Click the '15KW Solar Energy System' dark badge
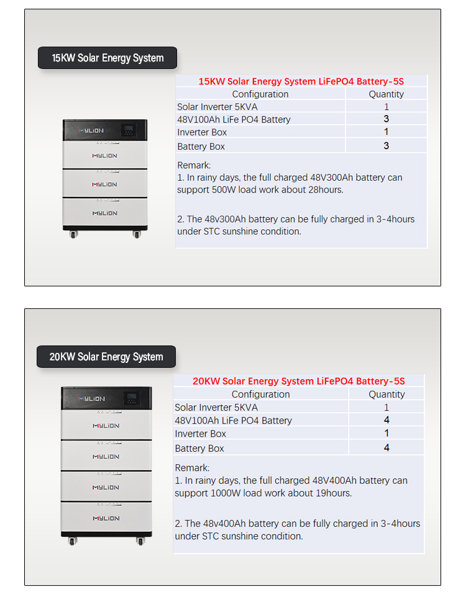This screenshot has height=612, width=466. (x=107, y=58)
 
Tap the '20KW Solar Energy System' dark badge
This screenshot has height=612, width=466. (x=106, y=357)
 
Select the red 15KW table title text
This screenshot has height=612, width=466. (x=301, y=81)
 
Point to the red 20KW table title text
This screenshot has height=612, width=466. (x=298, y=381)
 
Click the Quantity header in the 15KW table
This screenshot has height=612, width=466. (x=386, y=94)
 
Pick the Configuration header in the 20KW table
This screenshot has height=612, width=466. (x=260, y=394)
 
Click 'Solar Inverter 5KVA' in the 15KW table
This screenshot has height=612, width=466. (x=217, y=107)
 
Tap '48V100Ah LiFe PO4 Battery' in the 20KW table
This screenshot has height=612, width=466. (x=233, y=421)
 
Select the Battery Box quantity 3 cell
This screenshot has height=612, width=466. (x=386, y=146)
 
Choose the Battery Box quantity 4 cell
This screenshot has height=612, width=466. (x=386, y=448)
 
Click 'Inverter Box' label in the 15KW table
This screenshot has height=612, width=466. (x=202, y=132)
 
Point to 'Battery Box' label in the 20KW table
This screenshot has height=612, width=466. (x=199, y=448)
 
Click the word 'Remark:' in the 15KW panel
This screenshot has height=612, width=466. (x=194, y=165)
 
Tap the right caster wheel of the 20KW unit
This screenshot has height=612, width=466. (x=140, y=541)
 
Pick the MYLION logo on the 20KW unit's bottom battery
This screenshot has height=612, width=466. (x=106, y=518)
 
